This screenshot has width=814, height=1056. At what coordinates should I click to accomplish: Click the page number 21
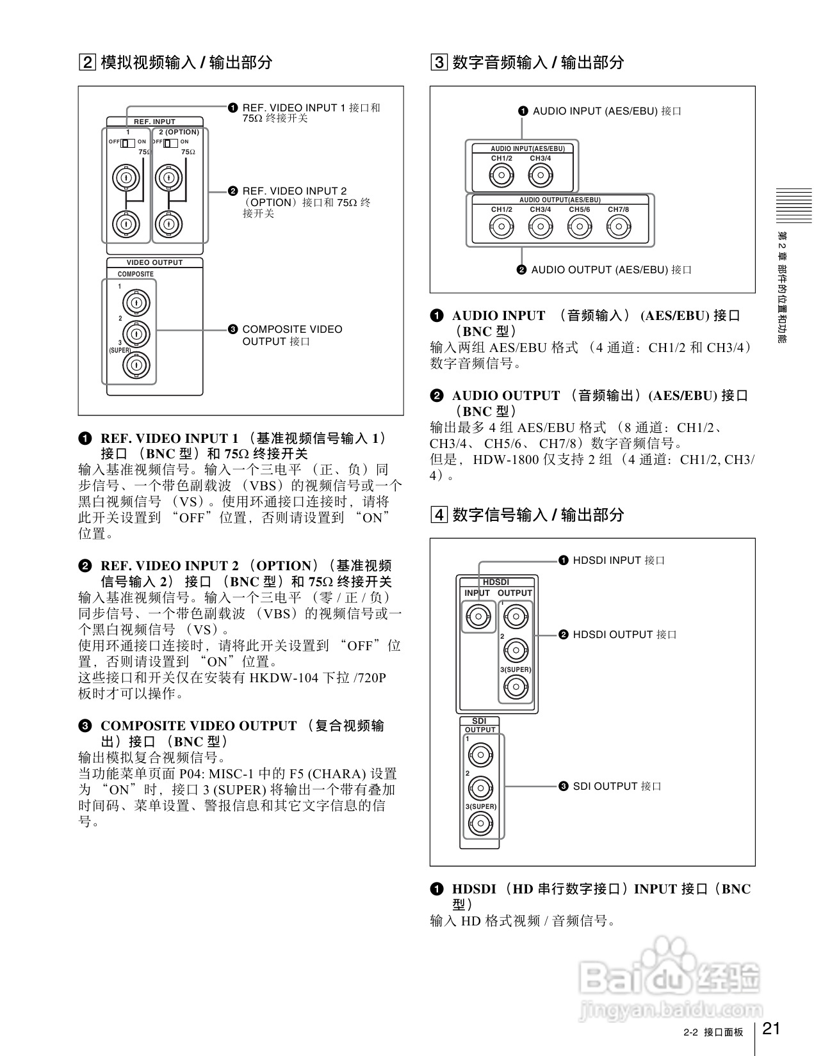click(772, 1028)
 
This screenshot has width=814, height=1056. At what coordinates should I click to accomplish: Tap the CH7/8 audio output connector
click(618, 226)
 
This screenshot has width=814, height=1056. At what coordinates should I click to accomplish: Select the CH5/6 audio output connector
click(580, 226)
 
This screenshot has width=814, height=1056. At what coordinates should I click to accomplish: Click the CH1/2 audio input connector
click(501, 175)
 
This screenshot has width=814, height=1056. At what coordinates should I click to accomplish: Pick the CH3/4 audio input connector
click(541, 175)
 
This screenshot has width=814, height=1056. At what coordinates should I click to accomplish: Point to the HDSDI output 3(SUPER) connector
click(516, 688)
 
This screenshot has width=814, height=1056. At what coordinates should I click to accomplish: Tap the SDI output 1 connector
click(480, 756)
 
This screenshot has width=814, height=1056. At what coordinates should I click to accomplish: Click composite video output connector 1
click(136, 302)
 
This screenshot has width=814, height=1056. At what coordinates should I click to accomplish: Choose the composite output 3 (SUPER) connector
click(136, 365)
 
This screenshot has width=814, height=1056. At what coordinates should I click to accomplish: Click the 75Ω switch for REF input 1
click(127, 142)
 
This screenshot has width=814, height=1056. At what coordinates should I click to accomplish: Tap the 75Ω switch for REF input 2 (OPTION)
click(170, 142)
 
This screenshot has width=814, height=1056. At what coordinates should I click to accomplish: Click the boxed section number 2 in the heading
click(87, 62)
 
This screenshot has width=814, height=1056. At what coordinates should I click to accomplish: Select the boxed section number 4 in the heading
click(439, 515)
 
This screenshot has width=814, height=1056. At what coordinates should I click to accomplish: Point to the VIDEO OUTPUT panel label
click(154, 262)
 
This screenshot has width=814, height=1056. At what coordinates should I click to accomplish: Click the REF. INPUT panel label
click(154, 122)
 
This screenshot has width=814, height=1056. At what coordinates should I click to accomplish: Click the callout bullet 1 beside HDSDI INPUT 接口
click(564, 561)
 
